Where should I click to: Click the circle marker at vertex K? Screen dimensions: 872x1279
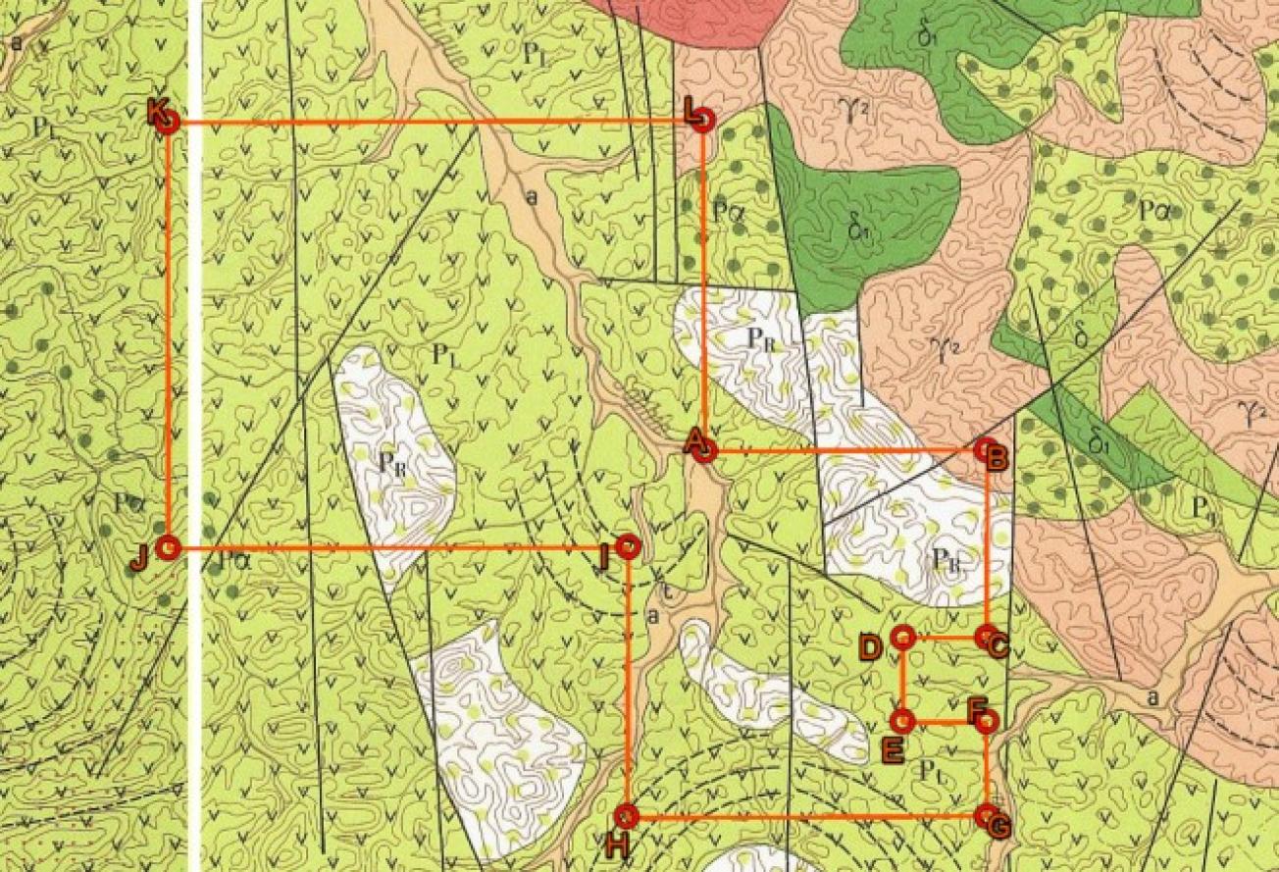click(168, 123)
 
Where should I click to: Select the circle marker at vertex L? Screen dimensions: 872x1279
click(703, 121)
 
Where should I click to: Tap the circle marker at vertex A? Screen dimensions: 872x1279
click(705, 450)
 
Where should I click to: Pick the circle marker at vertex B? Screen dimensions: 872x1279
click(987, 449)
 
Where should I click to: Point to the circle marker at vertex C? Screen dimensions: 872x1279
click(987, 637)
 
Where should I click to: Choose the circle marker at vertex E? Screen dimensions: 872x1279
click(903, 722)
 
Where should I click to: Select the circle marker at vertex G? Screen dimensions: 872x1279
click(987, 815)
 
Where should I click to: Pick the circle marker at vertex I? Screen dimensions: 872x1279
click(629, 544)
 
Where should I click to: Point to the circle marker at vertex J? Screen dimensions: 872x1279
click(169, 547)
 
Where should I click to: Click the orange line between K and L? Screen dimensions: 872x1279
click(432, 122)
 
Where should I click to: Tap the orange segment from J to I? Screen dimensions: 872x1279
click(392, 546)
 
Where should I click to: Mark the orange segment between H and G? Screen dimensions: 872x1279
click(804, 815)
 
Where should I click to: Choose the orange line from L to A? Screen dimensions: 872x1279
click(704, 284)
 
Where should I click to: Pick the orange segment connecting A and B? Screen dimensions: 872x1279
click(844, 450)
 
